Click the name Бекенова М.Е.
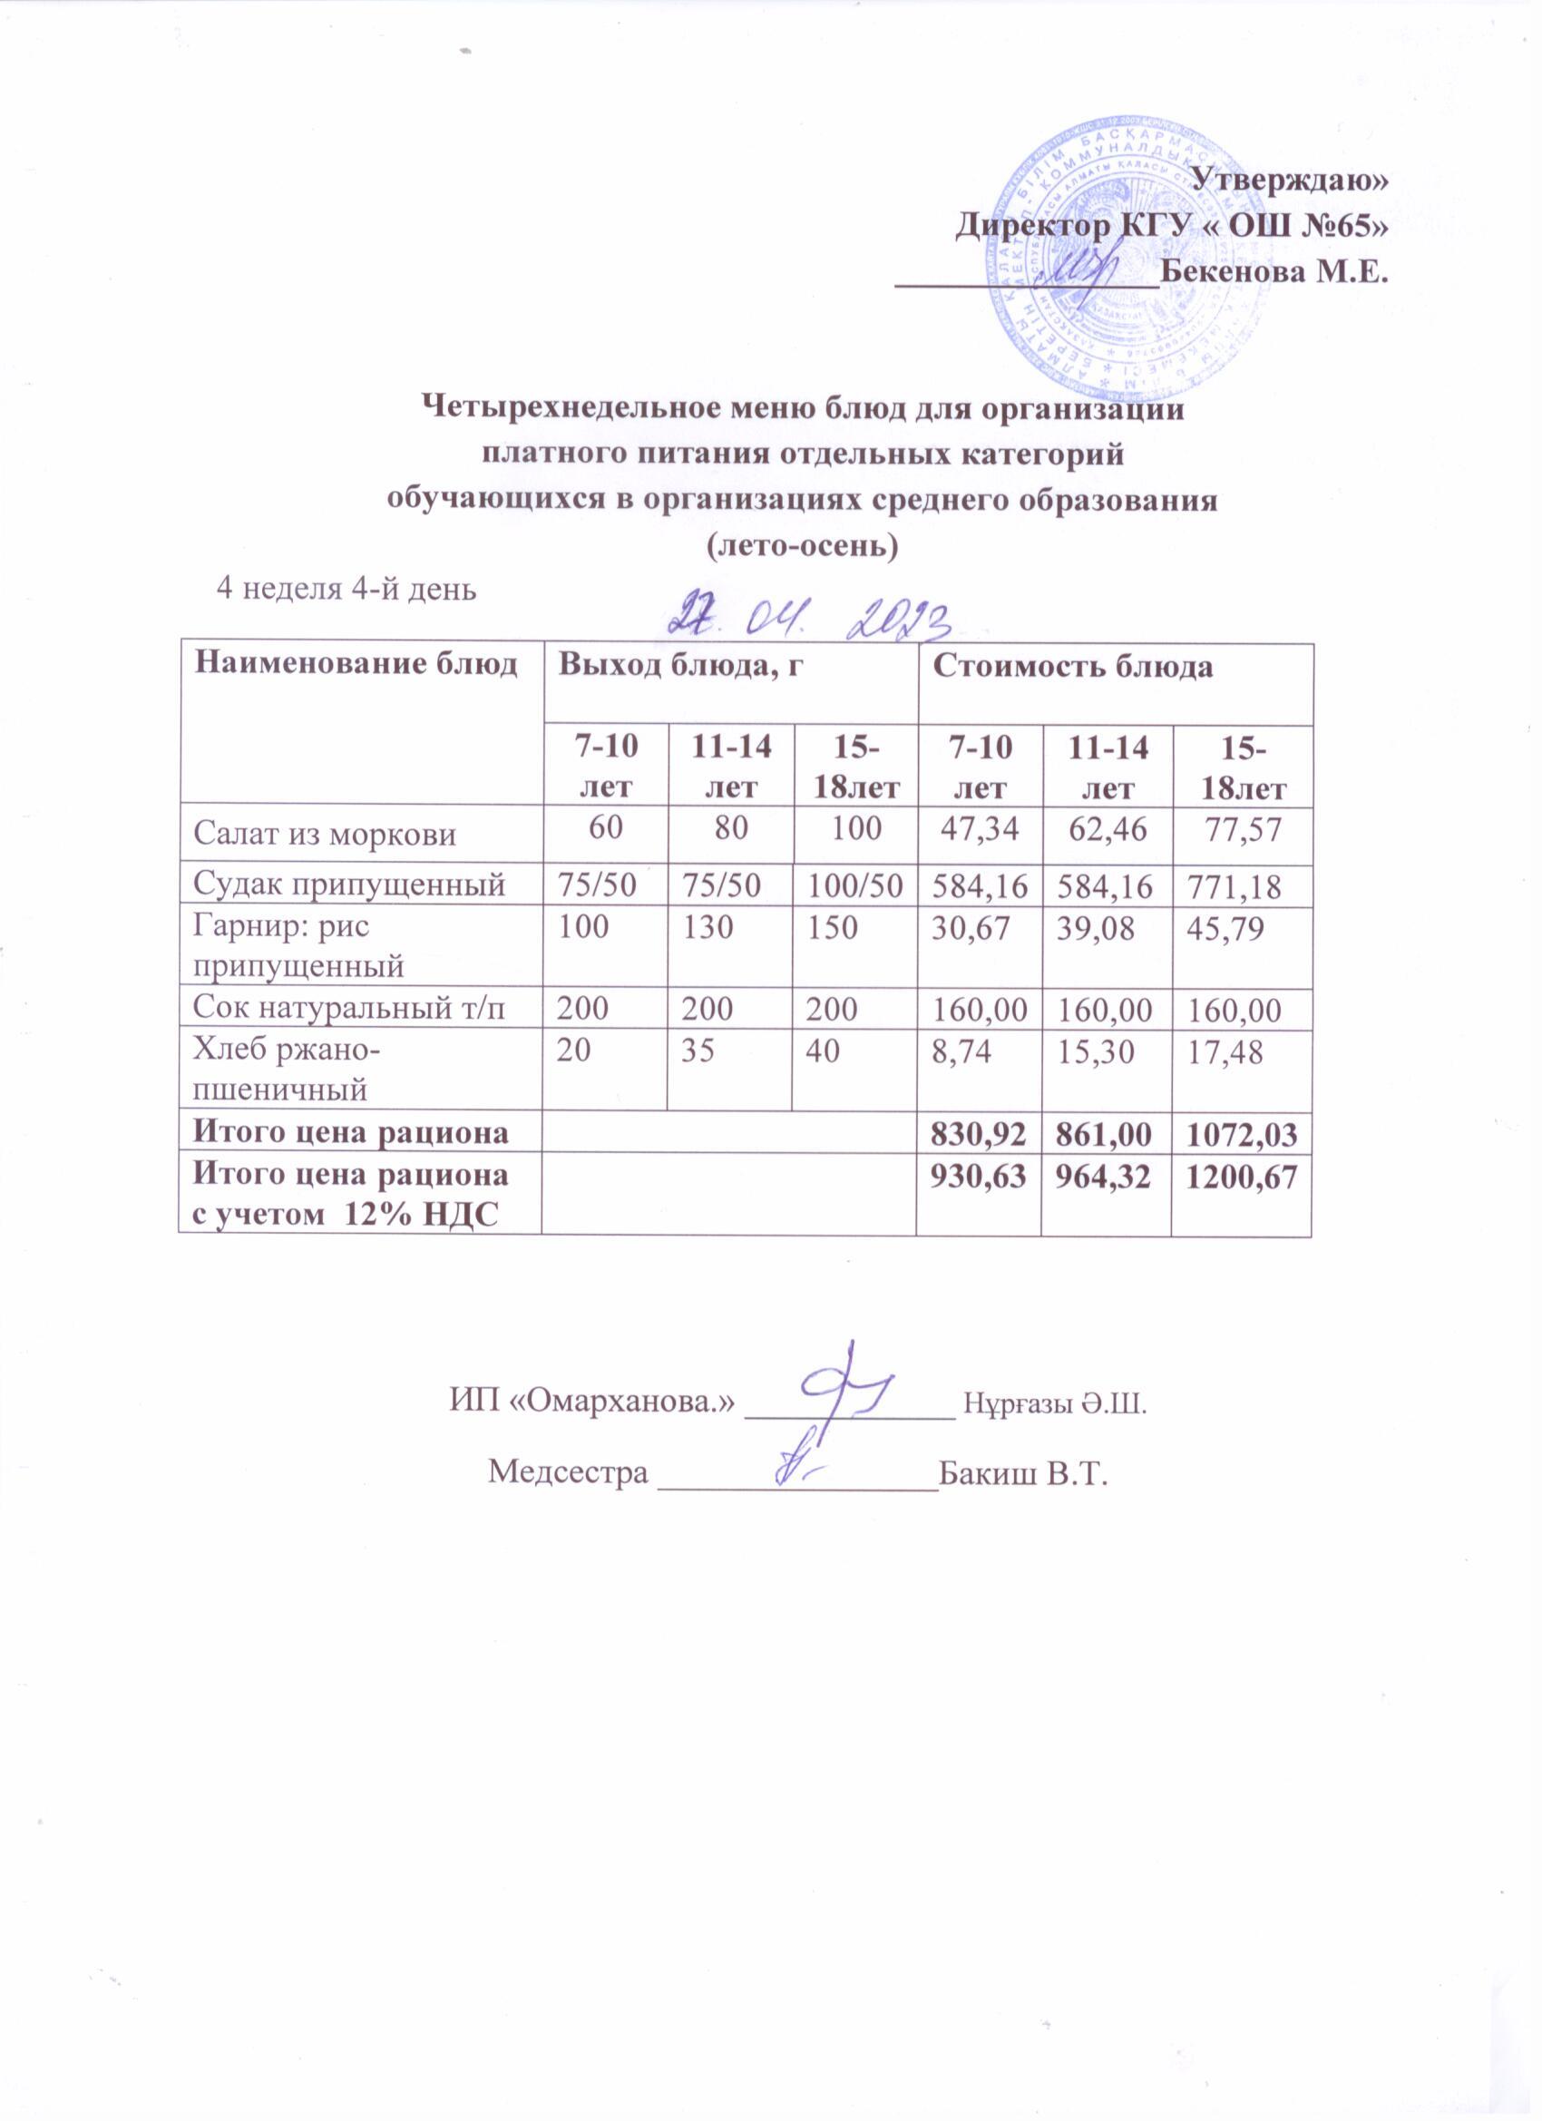[x=1272, y=274]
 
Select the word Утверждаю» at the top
[x=1294, y=179]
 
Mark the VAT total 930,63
[x=977, y=1177]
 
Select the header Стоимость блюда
[x=1071, y=667]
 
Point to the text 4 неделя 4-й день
[x=346, y=589]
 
